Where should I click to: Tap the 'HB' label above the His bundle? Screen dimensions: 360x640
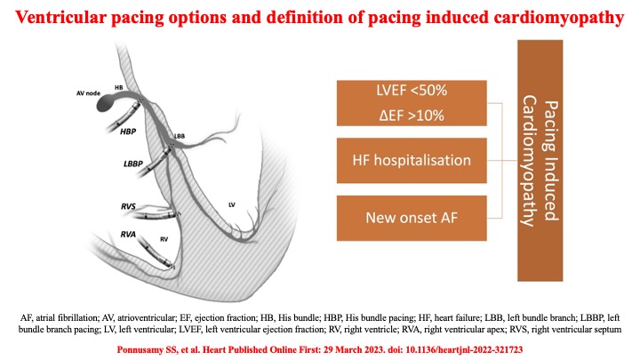coord(120,88)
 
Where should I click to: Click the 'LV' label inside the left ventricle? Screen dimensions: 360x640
coord(231,204)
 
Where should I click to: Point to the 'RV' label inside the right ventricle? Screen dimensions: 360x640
coord(164,238)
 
